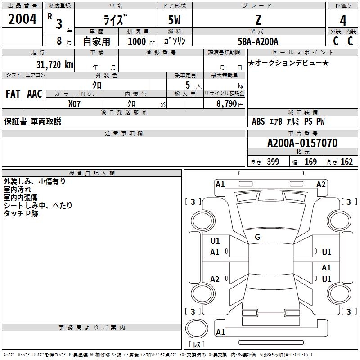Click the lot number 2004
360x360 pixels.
pyautogui.click(x=22, y=19)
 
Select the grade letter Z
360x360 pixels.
pyautogui.click(x=258, y=20)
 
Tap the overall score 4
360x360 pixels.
pyautogui.click(x=343, y=20)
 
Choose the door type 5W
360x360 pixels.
pyautogui.click(x=175, y=20)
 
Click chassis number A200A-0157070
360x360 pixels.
pyautogui.click(x=302, y=143)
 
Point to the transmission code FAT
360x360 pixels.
pyautogui.click(x=13, y=94)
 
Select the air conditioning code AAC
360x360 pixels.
pyautogui.click(x=35, y=94)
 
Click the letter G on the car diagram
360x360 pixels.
pyautogui.click(x=257, y=237)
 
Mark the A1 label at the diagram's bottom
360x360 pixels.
pyautogui.click(x=220, y=333)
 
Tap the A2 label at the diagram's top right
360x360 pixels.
pyautogui.click(x=321, y=184)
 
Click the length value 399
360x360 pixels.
pyautogui.click(x=273, y=162)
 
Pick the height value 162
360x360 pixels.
pyautogui.click(x=346, y=162)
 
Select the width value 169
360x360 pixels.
pyautogui.click(x=310, y=162)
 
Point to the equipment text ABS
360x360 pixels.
pyautogui.click(x=258, y=121)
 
